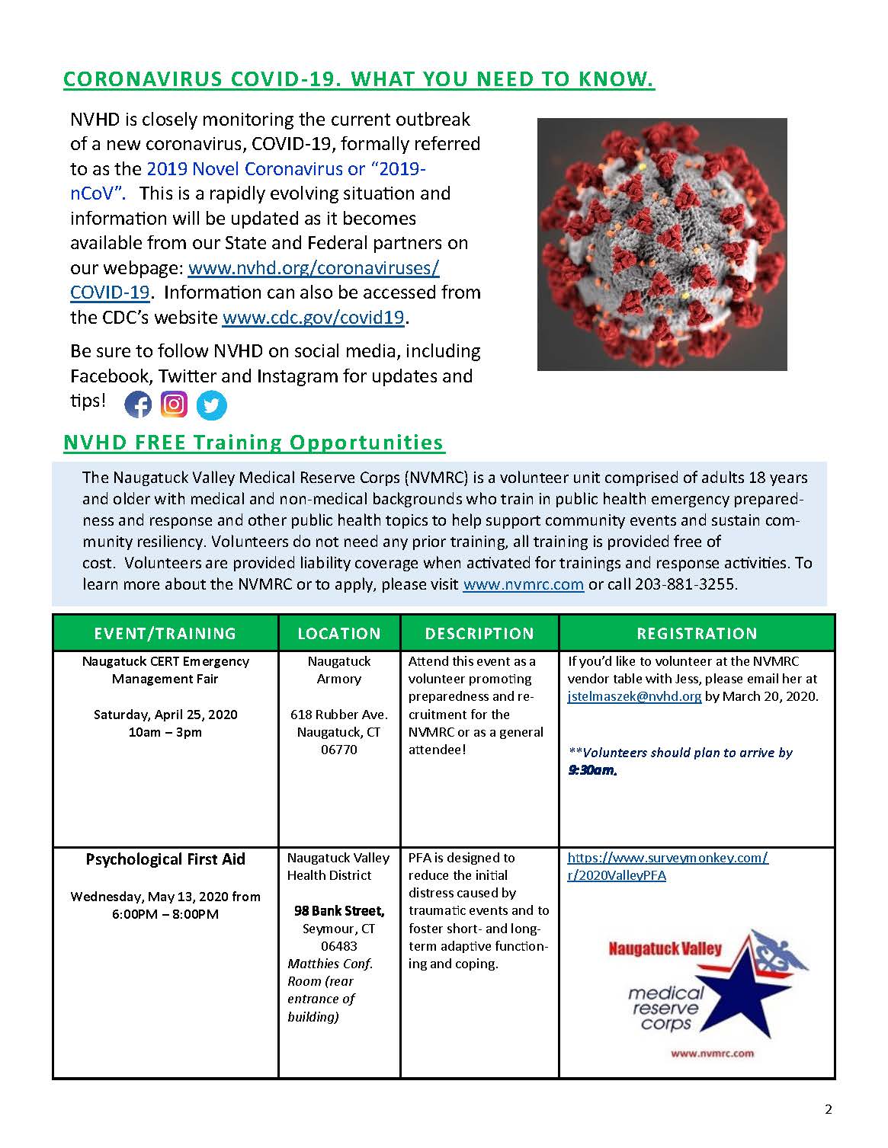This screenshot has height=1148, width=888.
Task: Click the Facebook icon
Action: point(138,404)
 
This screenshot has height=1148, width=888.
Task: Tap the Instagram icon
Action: point(175,404)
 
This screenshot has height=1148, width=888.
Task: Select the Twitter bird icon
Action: point(211,405)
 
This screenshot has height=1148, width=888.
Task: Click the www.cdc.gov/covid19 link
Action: point(313,318)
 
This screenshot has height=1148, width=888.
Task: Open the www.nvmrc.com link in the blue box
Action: point(523,584)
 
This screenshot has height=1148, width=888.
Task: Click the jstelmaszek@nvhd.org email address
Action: point(634,696)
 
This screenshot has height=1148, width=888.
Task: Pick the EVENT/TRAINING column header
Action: point(165,633)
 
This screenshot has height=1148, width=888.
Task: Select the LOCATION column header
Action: point(339,633)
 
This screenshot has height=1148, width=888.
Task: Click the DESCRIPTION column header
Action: point(479,633)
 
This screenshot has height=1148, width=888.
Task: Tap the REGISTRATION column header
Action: point(697,633)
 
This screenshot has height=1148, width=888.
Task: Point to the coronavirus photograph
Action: point(662,244)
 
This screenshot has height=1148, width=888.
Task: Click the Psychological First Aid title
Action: point(165,859)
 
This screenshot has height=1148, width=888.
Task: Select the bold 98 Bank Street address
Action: point(339,911)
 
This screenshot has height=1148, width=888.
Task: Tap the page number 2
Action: point(829,1109)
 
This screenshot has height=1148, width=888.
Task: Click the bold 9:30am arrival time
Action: point(592,770)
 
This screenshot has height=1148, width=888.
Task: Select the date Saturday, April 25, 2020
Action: point(165,715)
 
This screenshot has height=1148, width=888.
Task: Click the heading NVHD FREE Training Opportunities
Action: point(254,443)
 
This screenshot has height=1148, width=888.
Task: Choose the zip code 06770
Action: point(339,750)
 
